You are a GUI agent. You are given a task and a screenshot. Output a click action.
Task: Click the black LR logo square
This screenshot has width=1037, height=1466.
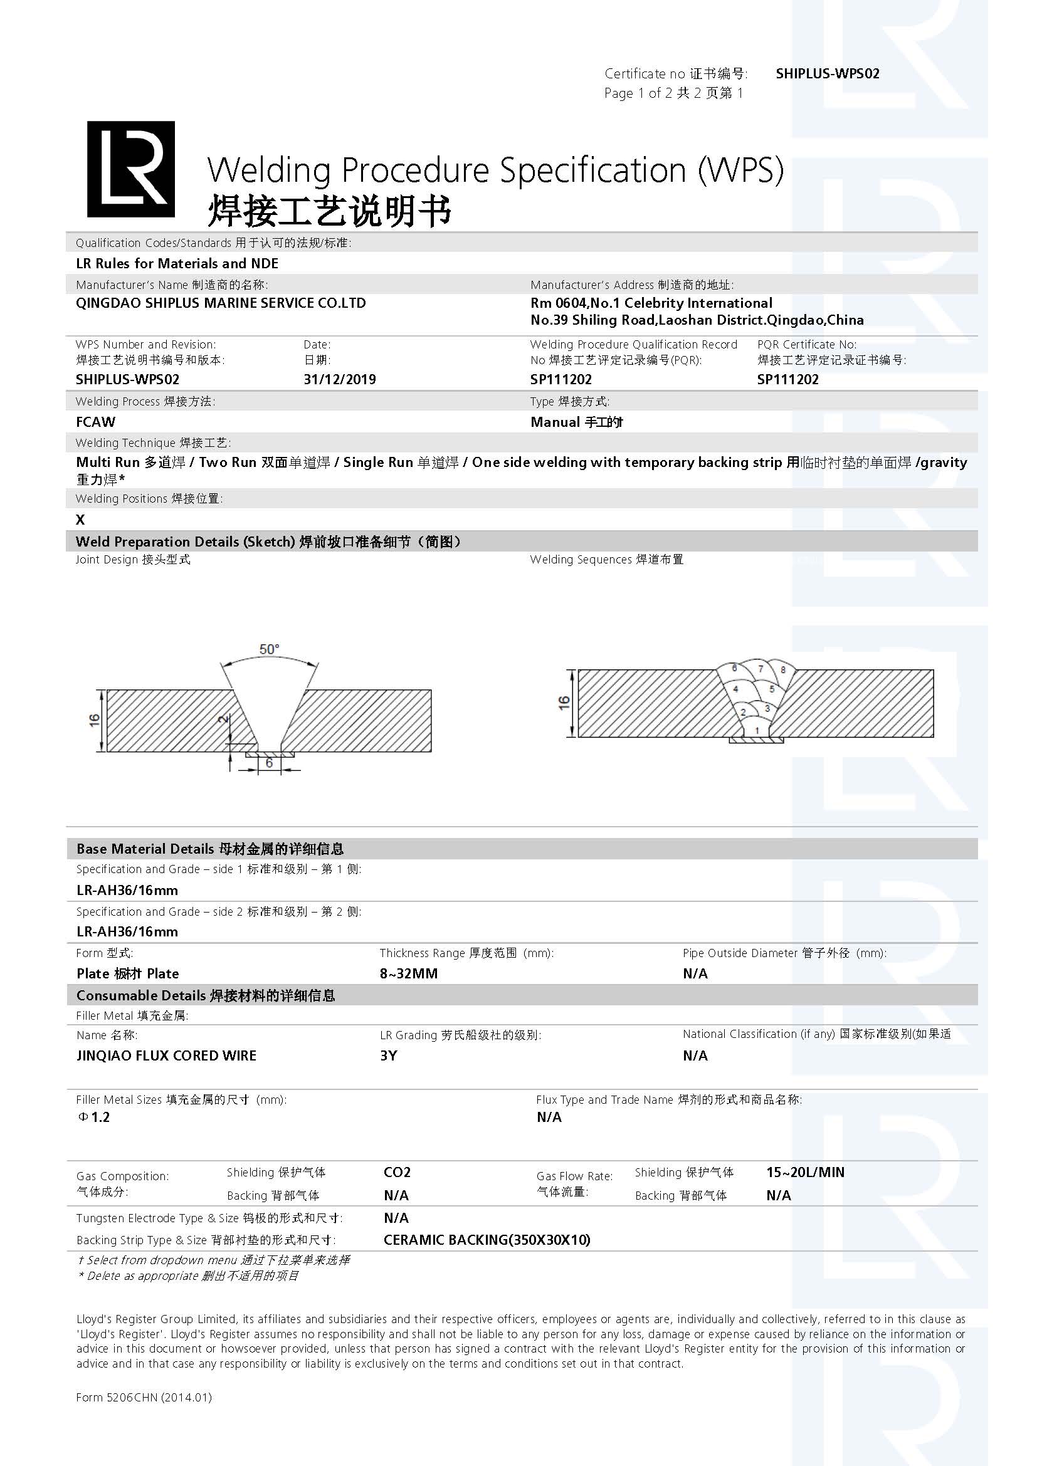pyautogui.click(x=131, y=169)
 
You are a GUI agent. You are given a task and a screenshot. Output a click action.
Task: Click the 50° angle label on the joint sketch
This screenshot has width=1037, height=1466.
pyautogui.click(x=269, y=649)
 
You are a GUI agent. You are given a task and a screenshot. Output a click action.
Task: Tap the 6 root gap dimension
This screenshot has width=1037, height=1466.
pyautogui.click(x=270, y=763)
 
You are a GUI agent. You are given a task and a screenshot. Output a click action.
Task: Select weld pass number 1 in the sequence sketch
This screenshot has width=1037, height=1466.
pyautogui.click(x=757, y=730)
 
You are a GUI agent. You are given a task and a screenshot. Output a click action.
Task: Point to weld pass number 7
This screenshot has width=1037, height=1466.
pyautogui.click(x=760, y=669)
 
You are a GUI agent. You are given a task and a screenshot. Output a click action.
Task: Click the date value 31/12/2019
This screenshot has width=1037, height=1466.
pyautogui.click(x=340, y=379)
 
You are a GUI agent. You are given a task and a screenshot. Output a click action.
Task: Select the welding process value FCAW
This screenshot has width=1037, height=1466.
pyautogui.click(x=96, y=422)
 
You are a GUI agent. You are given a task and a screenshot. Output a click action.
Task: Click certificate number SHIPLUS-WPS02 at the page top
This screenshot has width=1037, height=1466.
pyautogui.click(x=828, y=73)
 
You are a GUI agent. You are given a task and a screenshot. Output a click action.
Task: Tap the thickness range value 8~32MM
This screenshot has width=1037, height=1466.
pyautogui.click(x=409, y=974)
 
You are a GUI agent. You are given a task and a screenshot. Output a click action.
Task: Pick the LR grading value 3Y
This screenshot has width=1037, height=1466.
pyautogui.click(x=388, y=1055)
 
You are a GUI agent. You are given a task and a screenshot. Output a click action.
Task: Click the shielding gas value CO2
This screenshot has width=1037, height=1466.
pyautogui.click(x=397, y=1172)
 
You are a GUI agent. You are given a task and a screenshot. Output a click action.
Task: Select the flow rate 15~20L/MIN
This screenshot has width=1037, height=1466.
pyautogui.click(x=805, y=1172)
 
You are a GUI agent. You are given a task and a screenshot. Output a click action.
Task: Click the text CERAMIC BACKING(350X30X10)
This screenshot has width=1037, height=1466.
pyautogui.click(x=487, y=1240)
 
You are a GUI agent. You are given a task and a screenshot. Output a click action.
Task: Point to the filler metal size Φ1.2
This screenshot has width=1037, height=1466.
pyautogui.click(x=94, y=1117)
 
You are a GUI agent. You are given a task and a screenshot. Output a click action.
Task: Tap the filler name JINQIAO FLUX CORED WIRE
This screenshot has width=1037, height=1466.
pyautogui.click(x=166, y=1055)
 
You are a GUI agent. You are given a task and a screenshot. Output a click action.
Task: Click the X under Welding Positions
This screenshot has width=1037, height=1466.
pyautogui.click(x=80, y=520)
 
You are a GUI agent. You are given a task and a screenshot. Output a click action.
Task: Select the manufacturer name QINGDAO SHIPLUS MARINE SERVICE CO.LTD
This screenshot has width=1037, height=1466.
pyautogui.click(x=221, y=303)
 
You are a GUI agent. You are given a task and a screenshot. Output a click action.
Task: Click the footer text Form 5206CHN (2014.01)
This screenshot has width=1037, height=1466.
pyautogui.click(x=144, y=1397)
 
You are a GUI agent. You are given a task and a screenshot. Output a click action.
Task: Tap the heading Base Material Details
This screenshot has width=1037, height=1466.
pyautogui.click(x=145, y=849)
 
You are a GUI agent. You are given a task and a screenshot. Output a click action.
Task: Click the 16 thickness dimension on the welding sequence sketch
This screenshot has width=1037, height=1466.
pyautogui.click(x=564, y=703)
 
